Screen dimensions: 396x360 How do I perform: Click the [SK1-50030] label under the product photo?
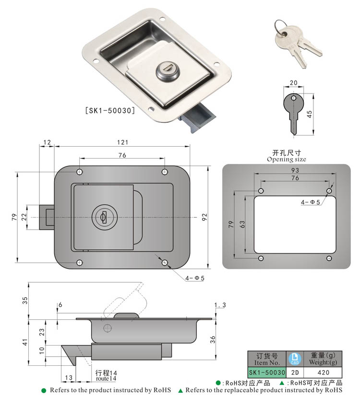tap(109, 110)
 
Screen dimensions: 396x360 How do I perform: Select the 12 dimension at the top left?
tap(47, 142)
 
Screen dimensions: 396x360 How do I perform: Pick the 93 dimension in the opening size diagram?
tap(295, 171)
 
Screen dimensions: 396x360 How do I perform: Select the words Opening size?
tap(287, 159)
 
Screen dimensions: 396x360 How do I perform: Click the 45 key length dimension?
tap(309, 113)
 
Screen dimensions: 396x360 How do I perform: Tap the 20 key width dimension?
tap(293, 83)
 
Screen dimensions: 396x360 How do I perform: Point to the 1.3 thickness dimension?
tap(220, 305)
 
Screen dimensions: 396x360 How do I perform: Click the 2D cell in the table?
tap(295, 372)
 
